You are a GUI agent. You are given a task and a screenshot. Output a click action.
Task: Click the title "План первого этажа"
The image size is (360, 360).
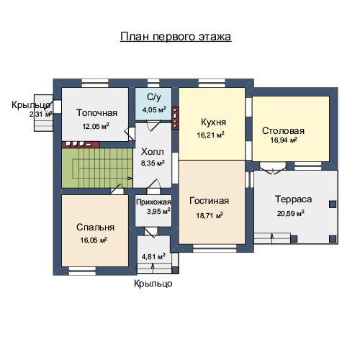coord(176,37)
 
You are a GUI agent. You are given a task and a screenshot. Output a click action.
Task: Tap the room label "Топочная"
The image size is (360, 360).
coord(96,113)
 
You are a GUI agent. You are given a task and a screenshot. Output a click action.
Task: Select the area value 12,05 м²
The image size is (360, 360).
coord(96,126)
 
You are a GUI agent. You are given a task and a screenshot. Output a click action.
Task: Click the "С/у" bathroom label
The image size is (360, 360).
coord(154,97)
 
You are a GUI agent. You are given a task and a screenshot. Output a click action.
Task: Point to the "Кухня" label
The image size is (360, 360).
coord(213,122)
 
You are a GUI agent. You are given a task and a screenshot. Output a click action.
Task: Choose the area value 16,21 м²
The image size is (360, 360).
coord(211,135)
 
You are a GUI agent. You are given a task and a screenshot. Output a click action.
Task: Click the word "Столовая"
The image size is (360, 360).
coord(283,131)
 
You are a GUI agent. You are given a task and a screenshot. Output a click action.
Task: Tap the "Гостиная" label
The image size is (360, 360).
coord(209,201)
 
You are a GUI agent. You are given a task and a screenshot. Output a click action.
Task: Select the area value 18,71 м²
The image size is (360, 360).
coord(210,215)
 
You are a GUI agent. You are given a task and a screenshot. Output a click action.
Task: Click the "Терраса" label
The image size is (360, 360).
coord(293,199)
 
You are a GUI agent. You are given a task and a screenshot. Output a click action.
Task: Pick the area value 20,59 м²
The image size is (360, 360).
coord(291,213)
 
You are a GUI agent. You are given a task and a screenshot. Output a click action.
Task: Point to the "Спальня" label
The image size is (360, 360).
coord(95,228)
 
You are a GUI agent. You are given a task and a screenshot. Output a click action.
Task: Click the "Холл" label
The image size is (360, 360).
coord(153,152)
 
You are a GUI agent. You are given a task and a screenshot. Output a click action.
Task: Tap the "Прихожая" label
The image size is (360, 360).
coord(153,202)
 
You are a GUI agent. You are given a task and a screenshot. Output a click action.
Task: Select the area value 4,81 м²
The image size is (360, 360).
coord(153,256)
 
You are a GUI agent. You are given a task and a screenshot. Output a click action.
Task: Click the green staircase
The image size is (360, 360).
coord(97,168)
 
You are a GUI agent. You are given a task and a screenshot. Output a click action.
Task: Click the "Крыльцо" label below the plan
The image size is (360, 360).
coord(153,284)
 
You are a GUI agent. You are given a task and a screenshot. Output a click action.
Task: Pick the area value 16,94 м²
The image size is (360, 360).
coord(284,140)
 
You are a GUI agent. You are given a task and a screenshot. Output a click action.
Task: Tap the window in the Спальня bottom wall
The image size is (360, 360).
coord(82,271)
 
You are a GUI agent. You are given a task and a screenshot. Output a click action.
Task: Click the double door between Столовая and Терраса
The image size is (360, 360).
coord(273,168)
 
